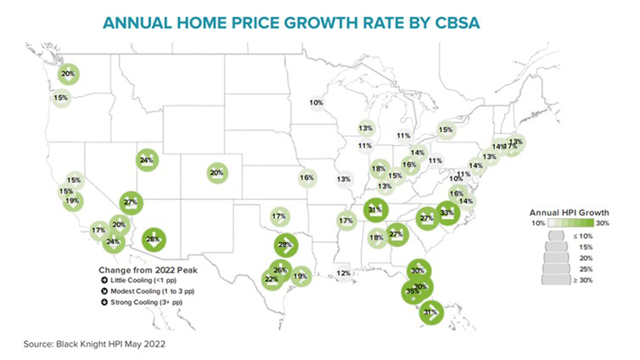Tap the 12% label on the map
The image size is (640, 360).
344,273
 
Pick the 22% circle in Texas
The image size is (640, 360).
272,278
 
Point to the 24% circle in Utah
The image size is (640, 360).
146,160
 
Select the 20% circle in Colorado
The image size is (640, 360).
216,172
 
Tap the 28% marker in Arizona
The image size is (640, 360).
154,240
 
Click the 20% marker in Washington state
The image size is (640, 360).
68,75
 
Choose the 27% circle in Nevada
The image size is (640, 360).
130,202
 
